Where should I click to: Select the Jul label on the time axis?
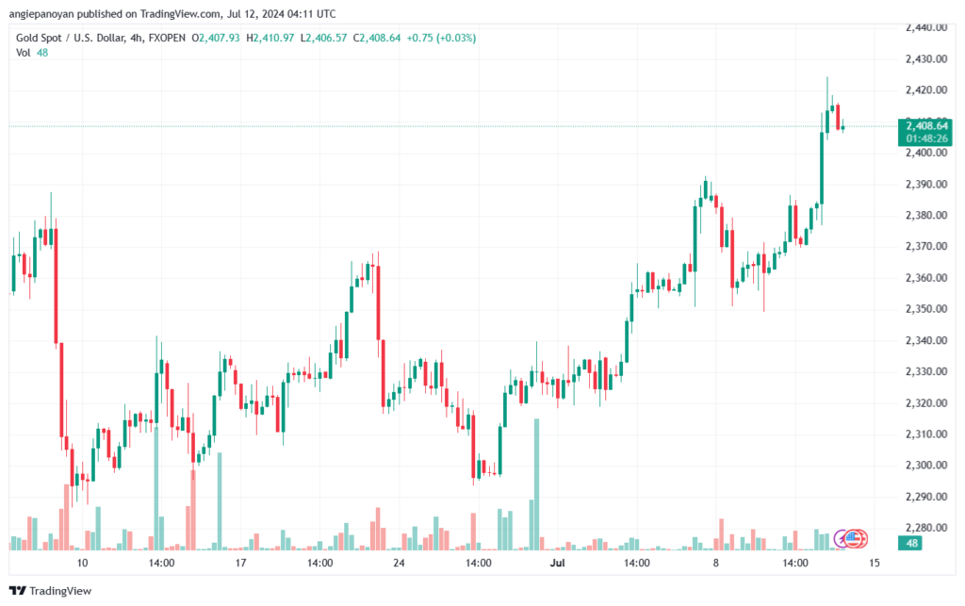[557, 564]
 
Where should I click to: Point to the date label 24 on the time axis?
[399, 564]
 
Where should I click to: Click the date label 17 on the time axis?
[240, 564]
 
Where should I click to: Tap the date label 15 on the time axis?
[874, 564]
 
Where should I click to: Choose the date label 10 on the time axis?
[83, 564]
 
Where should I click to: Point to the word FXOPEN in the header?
[167, 38]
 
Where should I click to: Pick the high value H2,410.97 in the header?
[270, 38]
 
